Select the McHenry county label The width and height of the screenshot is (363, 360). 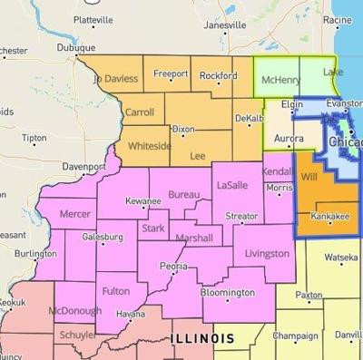pos(280,81)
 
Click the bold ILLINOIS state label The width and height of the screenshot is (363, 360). pos(201,337)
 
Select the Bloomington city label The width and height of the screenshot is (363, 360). pos(227,293)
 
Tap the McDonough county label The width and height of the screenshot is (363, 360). pos(69,311)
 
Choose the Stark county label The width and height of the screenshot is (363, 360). pos(152,229)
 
